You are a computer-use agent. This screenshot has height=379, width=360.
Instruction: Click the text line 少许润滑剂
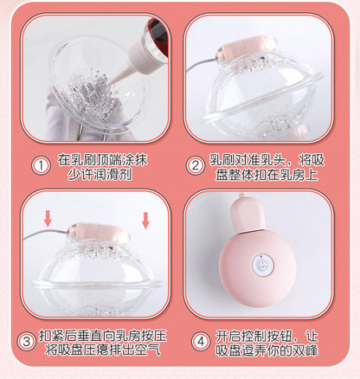point(97,174)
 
